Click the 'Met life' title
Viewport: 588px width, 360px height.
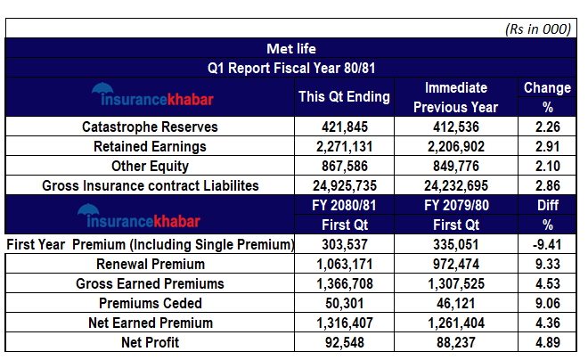290,48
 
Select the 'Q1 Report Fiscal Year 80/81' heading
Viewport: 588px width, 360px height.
290,67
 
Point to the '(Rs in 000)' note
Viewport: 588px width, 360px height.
537,29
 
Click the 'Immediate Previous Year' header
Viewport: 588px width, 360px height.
456,97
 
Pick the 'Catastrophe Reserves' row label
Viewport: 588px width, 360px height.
150,127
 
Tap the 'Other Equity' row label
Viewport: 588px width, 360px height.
150,166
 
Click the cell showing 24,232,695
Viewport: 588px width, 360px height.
456,185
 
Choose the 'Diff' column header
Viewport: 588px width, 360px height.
548,205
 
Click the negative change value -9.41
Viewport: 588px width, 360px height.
548,244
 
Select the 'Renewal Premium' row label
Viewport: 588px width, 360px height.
150,264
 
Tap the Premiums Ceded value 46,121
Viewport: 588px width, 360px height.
456,303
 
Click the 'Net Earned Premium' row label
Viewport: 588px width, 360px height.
150,323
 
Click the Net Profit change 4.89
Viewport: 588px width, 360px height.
548,342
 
